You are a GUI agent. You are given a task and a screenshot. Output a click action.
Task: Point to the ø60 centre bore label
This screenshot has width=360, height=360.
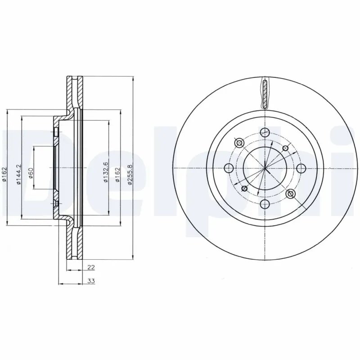coord(31,172)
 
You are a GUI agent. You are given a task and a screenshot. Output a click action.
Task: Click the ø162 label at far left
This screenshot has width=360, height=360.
coord(4,174)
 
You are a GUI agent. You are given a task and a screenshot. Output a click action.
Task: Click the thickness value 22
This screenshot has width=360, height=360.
coord(91,267)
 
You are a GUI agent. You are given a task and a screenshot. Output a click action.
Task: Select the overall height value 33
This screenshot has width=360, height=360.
coord(90,281)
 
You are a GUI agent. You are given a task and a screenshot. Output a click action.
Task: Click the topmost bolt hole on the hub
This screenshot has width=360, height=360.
coord(265,132)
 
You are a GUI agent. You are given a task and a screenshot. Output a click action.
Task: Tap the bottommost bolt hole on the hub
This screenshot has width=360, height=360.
coord(265,205)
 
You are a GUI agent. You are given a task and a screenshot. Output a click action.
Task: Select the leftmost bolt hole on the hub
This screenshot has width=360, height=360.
coord(228,169)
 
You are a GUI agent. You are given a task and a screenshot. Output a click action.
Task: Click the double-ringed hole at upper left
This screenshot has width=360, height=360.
coord(239,143)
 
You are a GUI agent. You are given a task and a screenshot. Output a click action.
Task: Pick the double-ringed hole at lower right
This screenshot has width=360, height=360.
coord(290,194)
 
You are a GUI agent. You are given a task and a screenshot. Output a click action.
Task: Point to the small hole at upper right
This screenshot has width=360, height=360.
coord(284,148)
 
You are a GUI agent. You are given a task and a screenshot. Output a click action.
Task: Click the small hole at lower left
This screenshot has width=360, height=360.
coord(244,189)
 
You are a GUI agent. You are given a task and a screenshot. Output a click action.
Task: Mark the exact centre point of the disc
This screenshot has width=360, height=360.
coord(265,169)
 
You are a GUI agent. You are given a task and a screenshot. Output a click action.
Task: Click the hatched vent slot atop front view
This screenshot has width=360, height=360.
coord(265,94)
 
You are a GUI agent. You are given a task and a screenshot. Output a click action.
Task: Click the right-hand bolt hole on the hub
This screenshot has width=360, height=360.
coord(301,169)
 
